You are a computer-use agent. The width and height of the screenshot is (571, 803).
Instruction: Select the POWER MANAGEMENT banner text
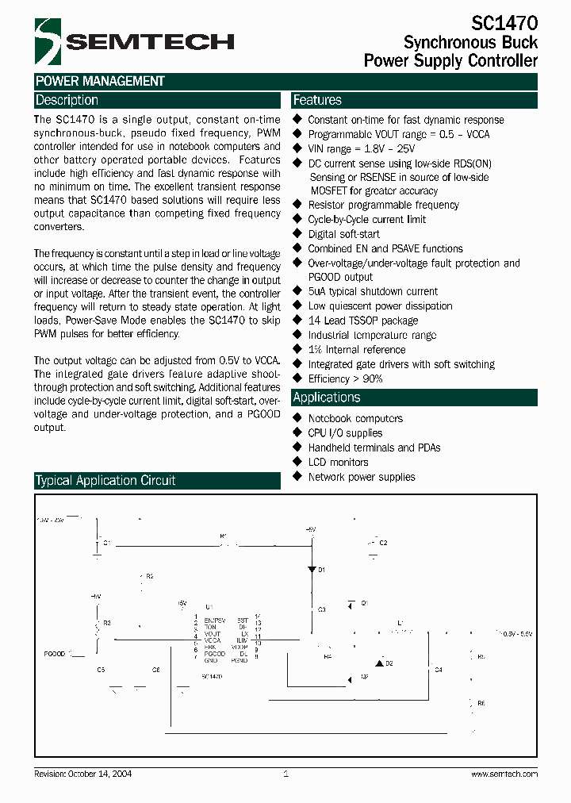100,81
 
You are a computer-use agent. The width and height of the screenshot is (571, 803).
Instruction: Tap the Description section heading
67,101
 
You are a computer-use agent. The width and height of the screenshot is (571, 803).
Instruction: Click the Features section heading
317,101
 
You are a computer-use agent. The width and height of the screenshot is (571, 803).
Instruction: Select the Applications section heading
326,398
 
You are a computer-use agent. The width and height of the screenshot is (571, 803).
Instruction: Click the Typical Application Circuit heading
105,481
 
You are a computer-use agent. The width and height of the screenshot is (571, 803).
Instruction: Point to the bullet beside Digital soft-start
298,234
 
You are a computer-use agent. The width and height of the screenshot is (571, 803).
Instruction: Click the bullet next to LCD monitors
298,462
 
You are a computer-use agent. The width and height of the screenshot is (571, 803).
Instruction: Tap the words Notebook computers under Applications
355,419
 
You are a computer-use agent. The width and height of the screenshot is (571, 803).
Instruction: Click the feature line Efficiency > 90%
345,379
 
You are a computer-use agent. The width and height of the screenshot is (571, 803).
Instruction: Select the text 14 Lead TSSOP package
362,321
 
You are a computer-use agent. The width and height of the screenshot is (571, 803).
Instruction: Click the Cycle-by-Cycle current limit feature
366,220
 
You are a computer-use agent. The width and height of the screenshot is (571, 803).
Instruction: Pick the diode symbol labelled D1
311,570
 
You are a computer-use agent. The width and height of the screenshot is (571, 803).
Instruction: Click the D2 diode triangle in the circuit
379,662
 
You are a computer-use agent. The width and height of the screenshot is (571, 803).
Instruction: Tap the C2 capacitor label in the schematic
383,543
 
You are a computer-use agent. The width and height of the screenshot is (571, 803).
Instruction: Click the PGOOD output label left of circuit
56,653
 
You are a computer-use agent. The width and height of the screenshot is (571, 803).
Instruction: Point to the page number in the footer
285,774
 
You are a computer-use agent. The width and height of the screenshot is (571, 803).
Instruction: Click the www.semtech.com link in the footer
504,774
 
